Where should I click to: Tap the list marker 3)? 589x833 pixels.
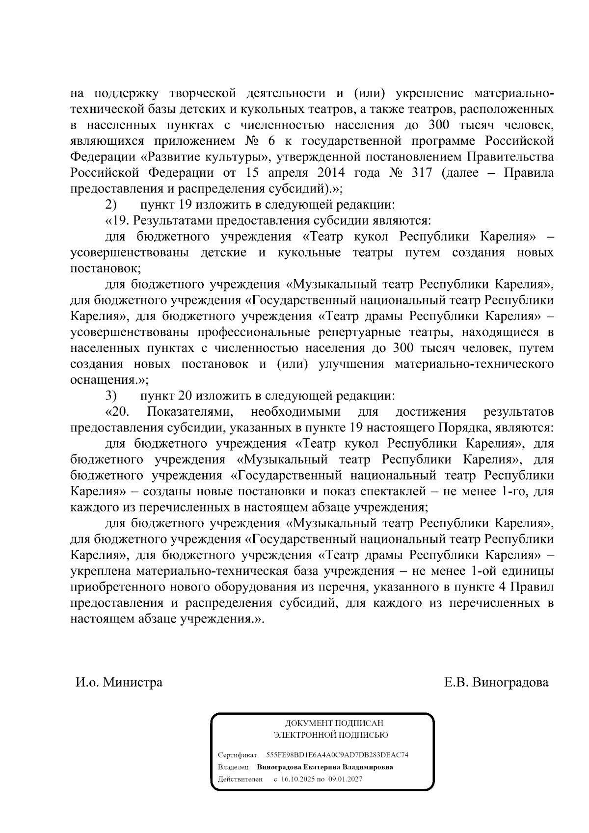(111, 396)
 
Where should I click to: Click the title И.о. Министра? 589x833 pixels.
(119, 682)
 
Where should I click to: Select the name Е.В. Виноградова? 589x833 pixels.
(496, 682)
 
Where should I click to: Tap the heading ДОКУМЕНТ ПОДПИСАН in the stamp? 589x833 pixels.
(334, 723)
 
